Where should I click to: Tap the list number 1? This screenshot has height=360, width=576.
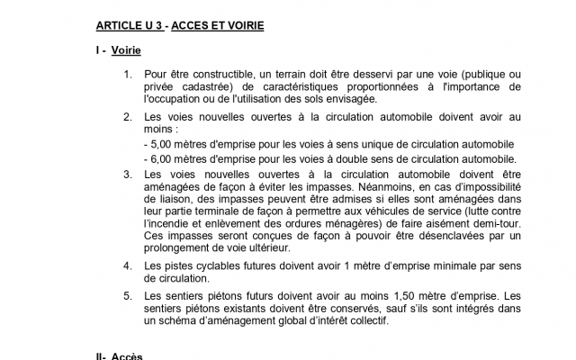(128, 74)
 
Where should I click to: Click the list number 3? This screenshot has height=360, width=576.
(128, 175)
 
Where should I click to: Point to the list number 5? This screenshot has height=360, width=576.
(128, 295)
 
